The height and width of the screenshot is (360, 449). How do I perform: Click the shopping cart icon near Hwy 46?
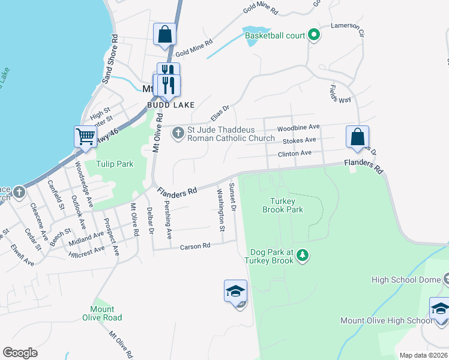(86, 136)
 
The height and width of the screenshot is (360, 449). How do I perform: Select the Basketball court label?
(275, 35)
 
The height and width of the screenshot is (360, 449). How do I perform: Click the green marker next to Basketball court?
(313, 35)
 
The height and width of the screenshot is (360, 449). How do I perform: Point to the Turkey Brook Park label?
(283, 205)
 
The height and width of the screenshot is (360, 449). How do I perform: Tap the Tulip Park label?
(109, 164)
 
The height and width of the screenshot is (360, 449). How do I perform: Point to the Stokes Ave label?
(299, 140)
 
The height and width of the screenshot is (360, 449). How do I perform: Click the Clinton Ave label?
(294, 154)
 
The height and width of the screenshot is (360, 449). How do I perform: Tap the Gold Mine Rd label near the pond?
(194, 47)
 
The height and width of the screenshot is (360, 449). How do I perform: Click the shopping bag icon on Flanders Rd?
(357, 137)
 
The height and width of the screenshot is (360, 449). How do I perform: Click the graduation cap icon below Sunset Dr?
(235, 292)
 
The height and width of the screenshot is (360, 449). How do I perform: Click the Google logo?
(20, 353)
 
